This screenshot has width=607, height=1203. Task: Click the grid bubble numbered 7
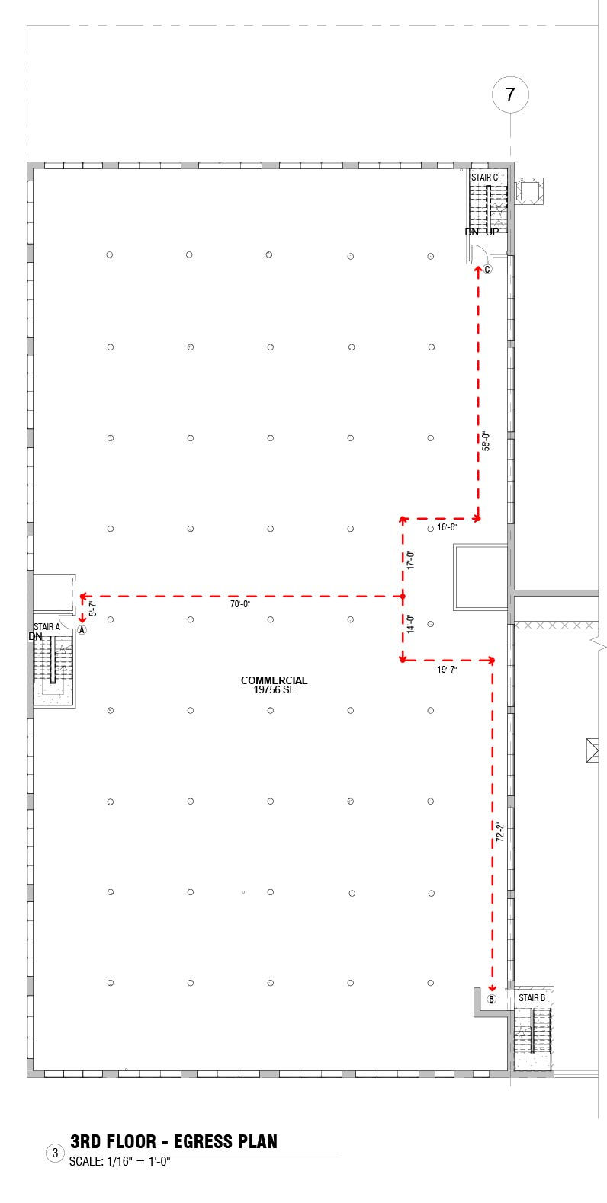click(510, 95)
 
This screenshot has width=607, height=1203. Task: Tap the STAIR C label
click(484, 178)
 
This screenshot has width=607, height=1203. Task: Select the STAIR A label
click(47, 626)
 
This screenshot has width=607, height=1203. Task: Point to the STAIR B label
click(532, 997)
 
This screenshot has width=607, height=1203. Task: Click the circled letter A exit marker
click(82, 630)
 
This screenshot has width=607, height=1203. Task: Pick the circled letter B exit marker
click(491, 998)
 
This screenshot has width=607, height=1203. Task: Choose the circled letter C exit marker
click(487, 269)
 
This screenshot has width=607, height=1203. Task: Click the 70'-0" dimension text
click(240, 604)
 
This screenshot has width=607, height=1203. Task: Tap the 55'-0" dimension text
click(485, 442)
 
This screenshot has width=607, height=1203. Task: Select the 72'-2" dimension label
click(500, 831)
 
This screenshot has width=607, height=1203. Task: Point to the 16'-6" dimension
click(447, 526)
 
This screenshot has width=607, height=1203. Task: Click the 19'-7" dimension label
click(447, 669)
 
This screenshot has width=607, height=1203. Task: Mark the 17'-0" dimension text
click(410, 560)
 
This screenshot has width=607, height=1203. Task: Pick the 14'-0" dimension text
click(410, 625)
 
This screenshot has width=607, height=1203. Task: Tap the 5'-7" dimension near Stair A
click(93, 608)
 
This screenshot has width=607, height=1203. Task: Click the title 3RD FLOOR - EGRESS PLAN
click(174, 1141)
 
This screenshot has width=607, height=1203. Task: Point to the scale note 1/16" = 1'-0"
click(120, 1162)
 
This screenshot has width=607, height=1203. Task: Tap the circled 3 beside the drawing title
click(54, 1153)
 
